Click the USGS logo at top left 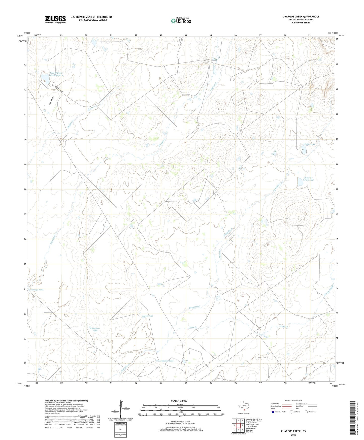pos(55,19)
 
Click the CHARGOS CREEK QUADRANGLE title pos(301,17)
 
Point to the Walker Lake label pos(309,144)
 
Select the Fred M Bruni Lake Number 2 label pos(56,74)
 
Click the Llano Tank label pos(148,316)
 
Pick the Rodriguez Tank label pos(95,330)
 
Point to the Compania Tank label pos(166,361)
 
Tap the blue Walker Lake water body pos(304,151)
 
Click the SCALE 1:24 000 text pos(179,401)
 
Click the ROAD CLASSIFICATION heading pos(293,400)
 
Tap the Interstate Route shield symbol pos(273,412)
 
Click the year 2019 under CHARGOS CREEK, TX pos(293,435)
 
